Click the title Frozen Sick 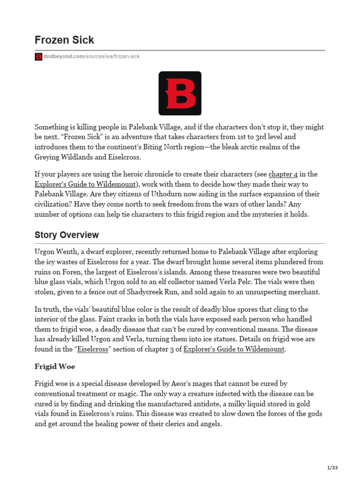click(64, 39)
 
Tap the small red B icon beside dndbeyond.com click(38, 57)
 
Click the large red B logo click(180, 93)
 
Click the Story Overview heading click(67, 235)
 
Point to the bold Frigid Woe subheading click(55, 366)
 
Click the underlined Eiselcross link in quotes click(92, 349)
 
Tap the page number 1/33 click(332, 467)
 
